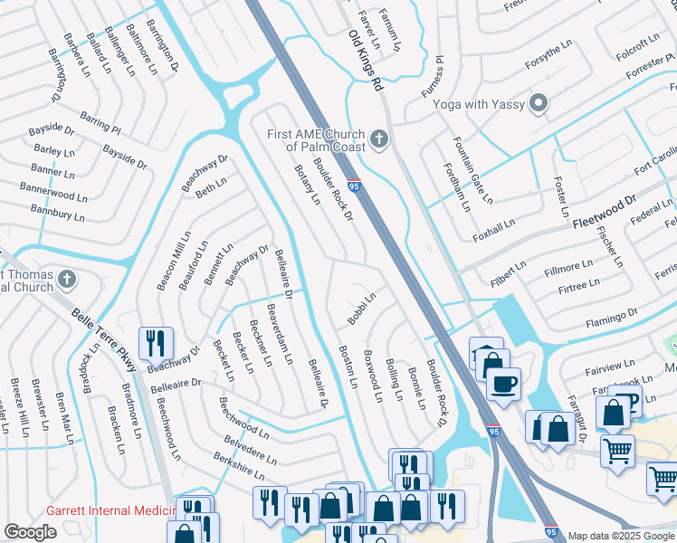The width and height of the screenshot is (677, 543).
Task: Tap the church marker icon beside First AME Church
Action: coord(379,140)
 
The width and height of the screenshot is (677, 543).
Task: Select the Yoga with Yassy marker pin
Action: coord(540,104)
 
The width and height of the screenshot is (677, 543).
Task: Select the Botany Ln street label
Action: coord(306,186)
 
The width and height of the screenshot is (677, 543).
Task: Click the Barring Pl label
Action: coord(100,122)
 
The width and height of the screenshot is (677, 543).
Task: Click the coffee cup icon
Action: coord(503,383)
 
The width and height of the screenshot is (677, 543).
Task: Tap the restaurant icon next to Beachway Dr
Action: coord(156,344)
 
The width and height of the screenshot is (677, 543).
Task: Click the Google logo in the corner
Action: coord(30,532)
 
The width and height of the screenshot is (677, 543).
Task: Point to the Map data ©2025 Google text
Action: coord(620,536)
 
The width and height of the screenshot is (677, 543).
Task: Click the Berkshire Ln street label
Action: coord(239,468)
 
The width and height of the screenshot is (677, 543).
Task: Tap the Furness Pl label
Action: coord(434,77)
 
